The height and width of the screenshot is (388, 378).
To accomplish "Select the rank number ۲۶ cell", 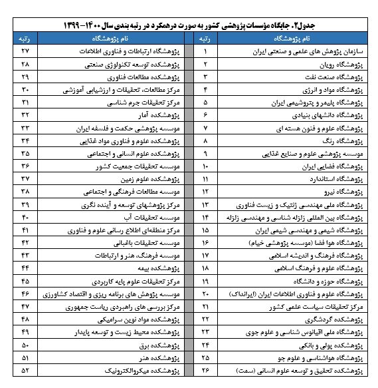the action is [205, 369].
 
